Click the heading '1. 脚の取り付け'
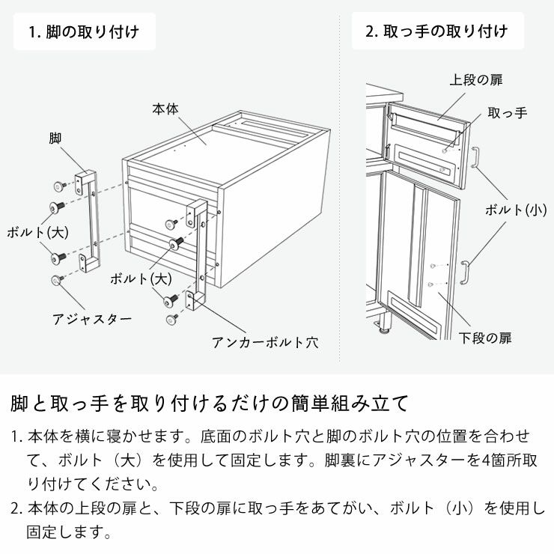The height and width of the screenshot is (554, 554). [84, 32]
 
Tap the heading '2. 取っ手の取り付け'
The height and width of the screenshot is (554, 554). [437, 31]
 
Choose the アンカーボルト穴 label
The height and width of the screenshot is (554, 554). [265, 342]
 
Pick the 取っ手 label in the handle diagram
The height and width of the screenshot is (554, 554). [507, 113]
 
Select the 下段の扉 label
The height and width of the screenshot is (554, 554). [484, 338]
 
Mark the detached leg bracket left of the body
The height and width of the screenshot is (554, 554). [88, 222]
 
